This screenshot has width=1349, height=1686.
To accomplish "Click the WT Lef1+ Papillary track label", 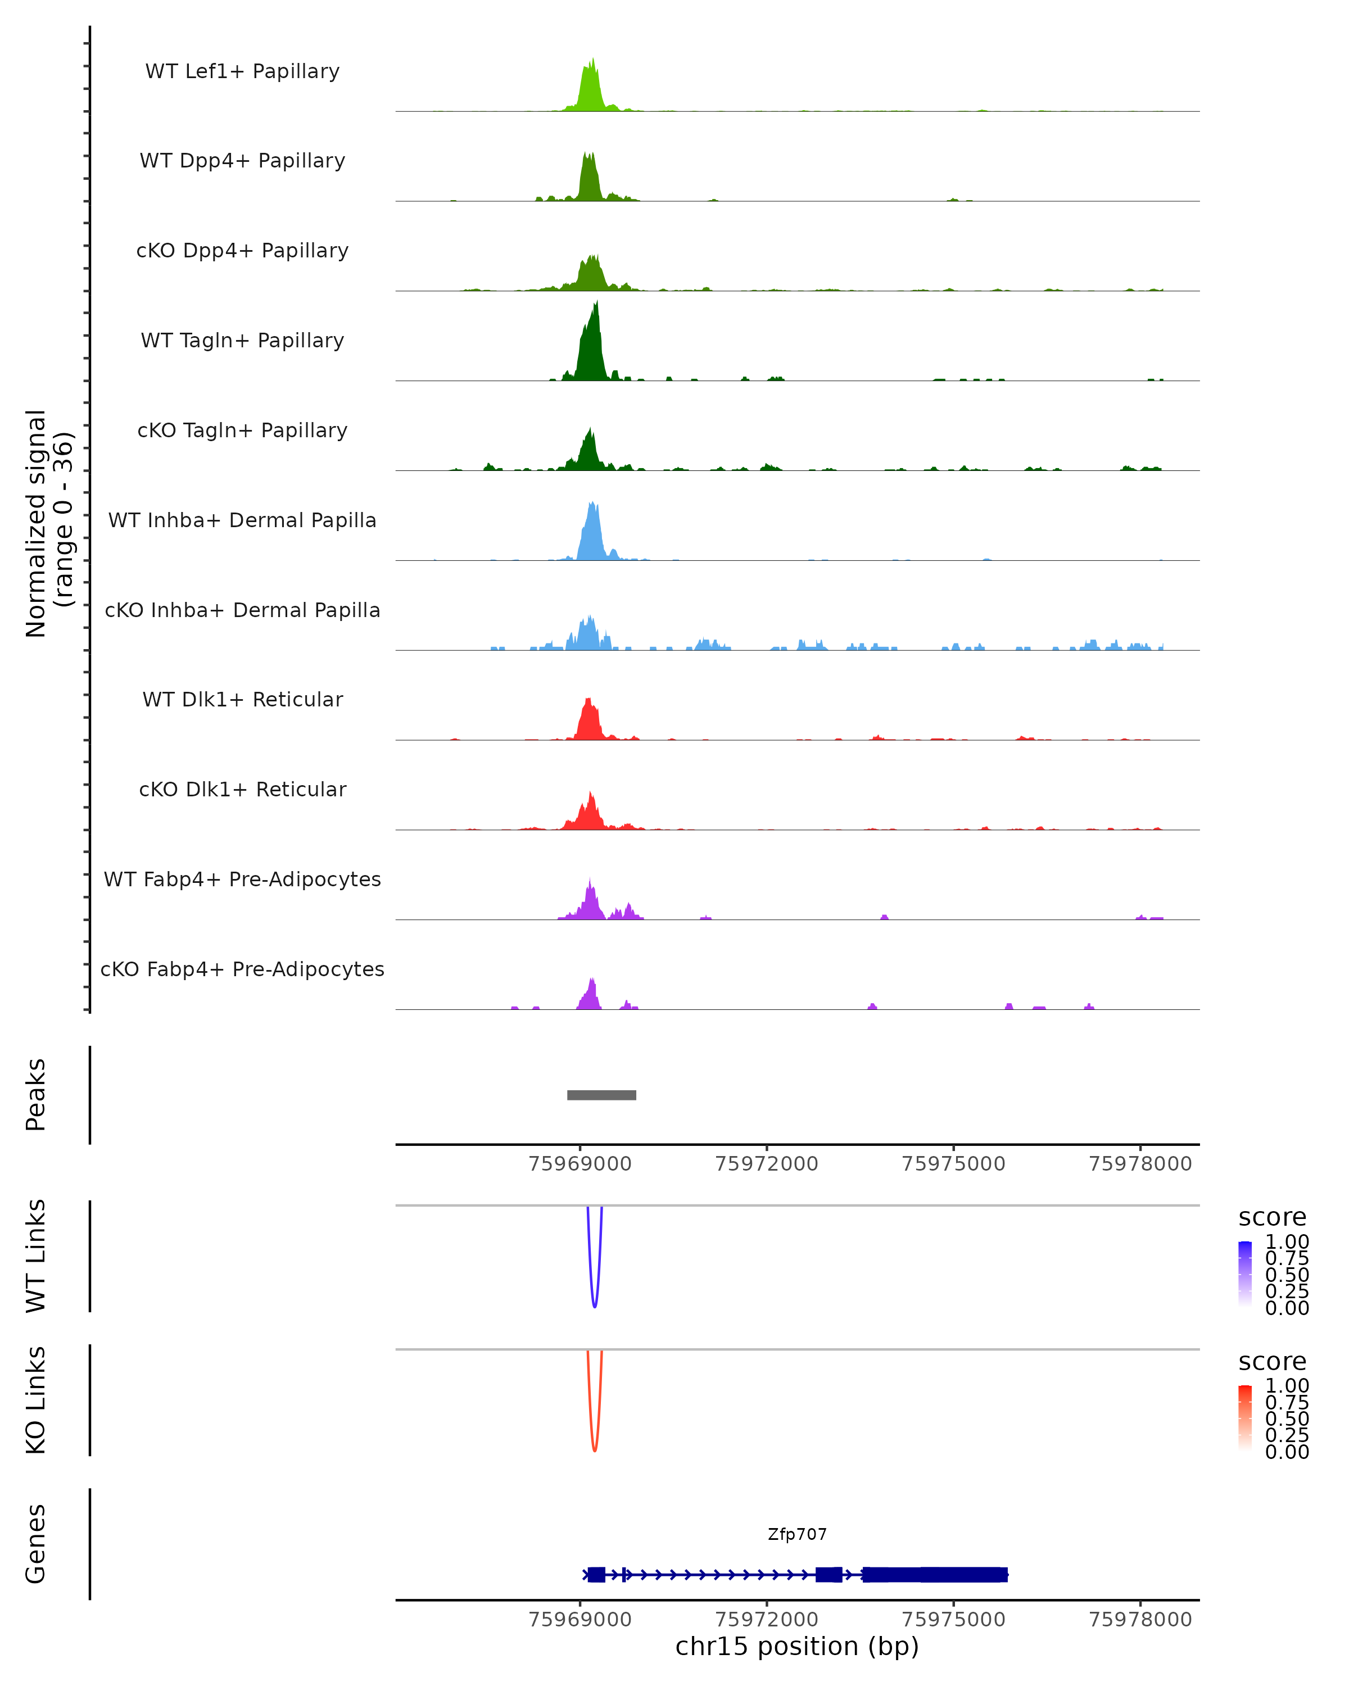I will (x=242, y=71).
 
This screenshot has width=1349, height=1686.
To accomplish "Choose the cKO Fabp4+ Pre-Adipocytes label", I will (x=242, y=969).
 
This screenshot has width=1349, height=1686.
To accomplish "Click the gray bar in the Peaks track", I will (x=601, y=1095).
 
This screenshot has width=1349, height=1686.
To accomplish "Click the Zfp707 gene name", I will (x=797, y=1534).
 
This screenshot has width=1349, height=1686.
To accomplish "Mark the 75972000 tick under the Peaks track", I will (x=766, y=1164).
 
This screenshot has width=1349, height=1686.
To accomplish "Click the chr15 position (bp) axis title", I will (x=797, y=1646).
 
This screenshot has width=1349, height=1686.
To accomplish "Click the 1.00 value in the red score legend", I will (x=1287, y=1386).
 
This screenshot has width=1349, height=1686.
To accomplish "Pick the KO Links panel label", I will (x=36, y=1401).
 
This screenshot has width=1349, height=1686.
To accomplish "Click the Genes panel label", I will (x=36, y=1544).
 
